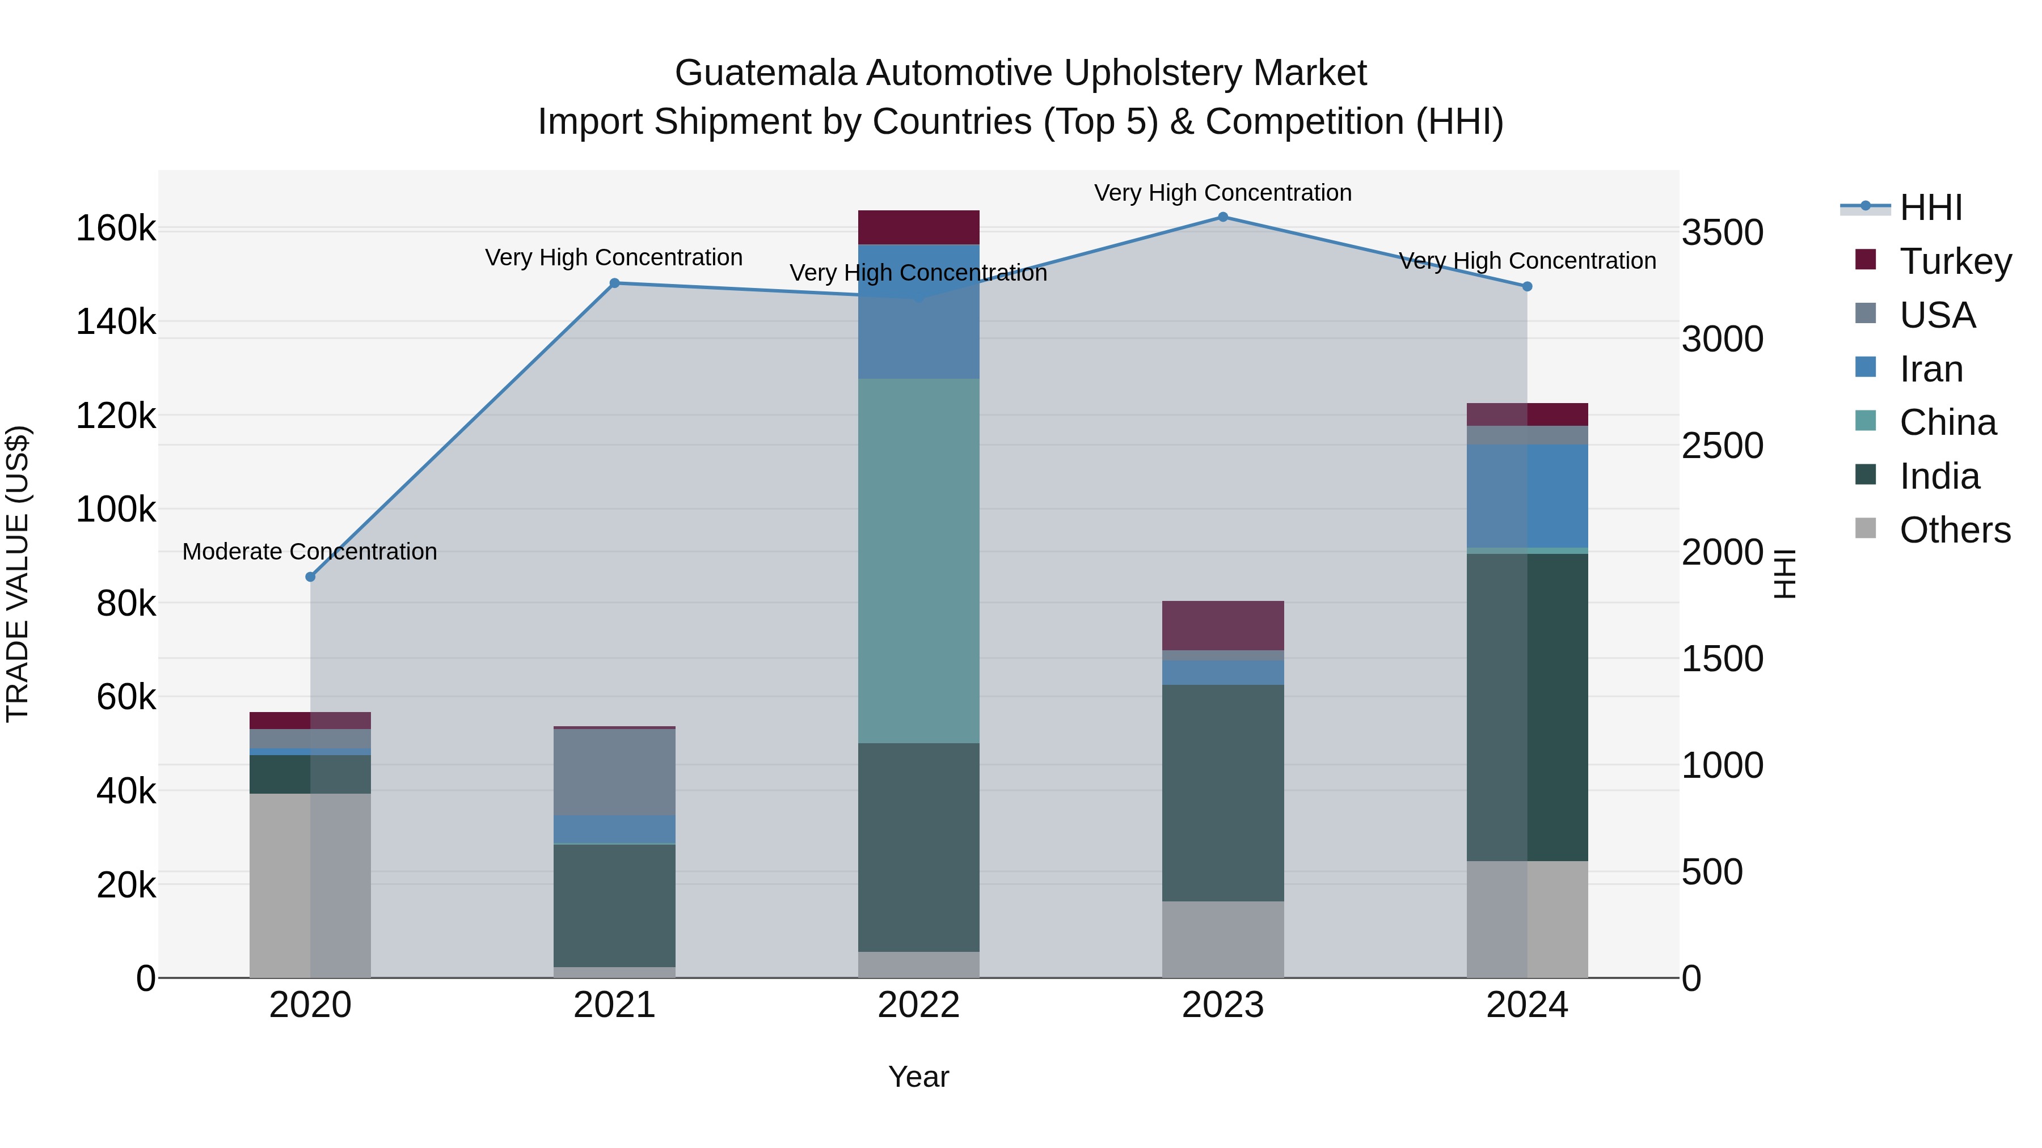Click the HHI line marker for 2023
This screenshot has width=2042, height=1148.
coord(1222,217)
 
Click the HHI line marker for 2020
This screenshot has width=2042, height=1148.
coord(310,577)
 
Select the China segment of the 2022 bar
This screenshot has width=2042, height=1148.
coord(919,560)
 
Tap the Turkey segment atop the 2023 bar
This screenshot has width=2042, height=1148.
coord(1222,625)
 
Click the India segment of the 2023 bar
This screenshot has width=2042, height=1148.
coord(1222,793)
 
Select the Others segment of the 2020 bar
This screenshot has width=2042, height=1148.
coord(310,885)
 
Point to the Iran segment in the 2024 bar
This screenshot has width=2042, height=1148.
coord(1527,496)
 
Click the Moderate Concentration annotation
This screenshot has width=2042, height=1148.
coord(310,552)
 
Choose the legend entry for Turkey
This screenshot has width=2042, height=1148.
coord(1955,261)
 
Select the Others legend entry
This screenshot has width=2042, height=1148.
coord(1954,529)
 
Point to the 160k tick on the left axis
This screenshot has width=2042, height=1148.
coord(116,229)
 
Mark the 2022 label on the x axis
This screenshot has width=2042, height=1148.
coord(919,1005)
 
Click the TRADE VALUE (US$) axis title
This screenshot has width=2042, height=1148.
coord(18,574)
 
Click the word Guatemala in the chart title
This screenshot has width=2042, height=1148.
coord(765,73)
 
